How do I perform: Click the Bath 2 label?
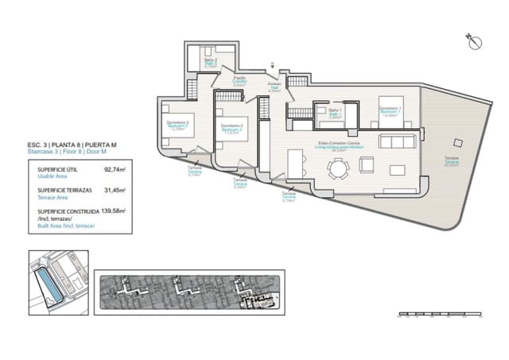pos(210,64)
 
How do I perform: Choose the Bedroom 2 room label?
pos(231,130)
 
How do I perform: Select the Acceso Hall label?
pos(274,88)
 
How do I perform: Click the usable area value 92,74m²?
pos(116,169)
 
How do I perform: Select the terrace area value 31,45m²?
pos(116,191)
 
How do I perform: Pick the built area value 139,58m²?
pos(116,212)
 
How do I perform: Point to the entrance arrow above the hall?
pos(272,64)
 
